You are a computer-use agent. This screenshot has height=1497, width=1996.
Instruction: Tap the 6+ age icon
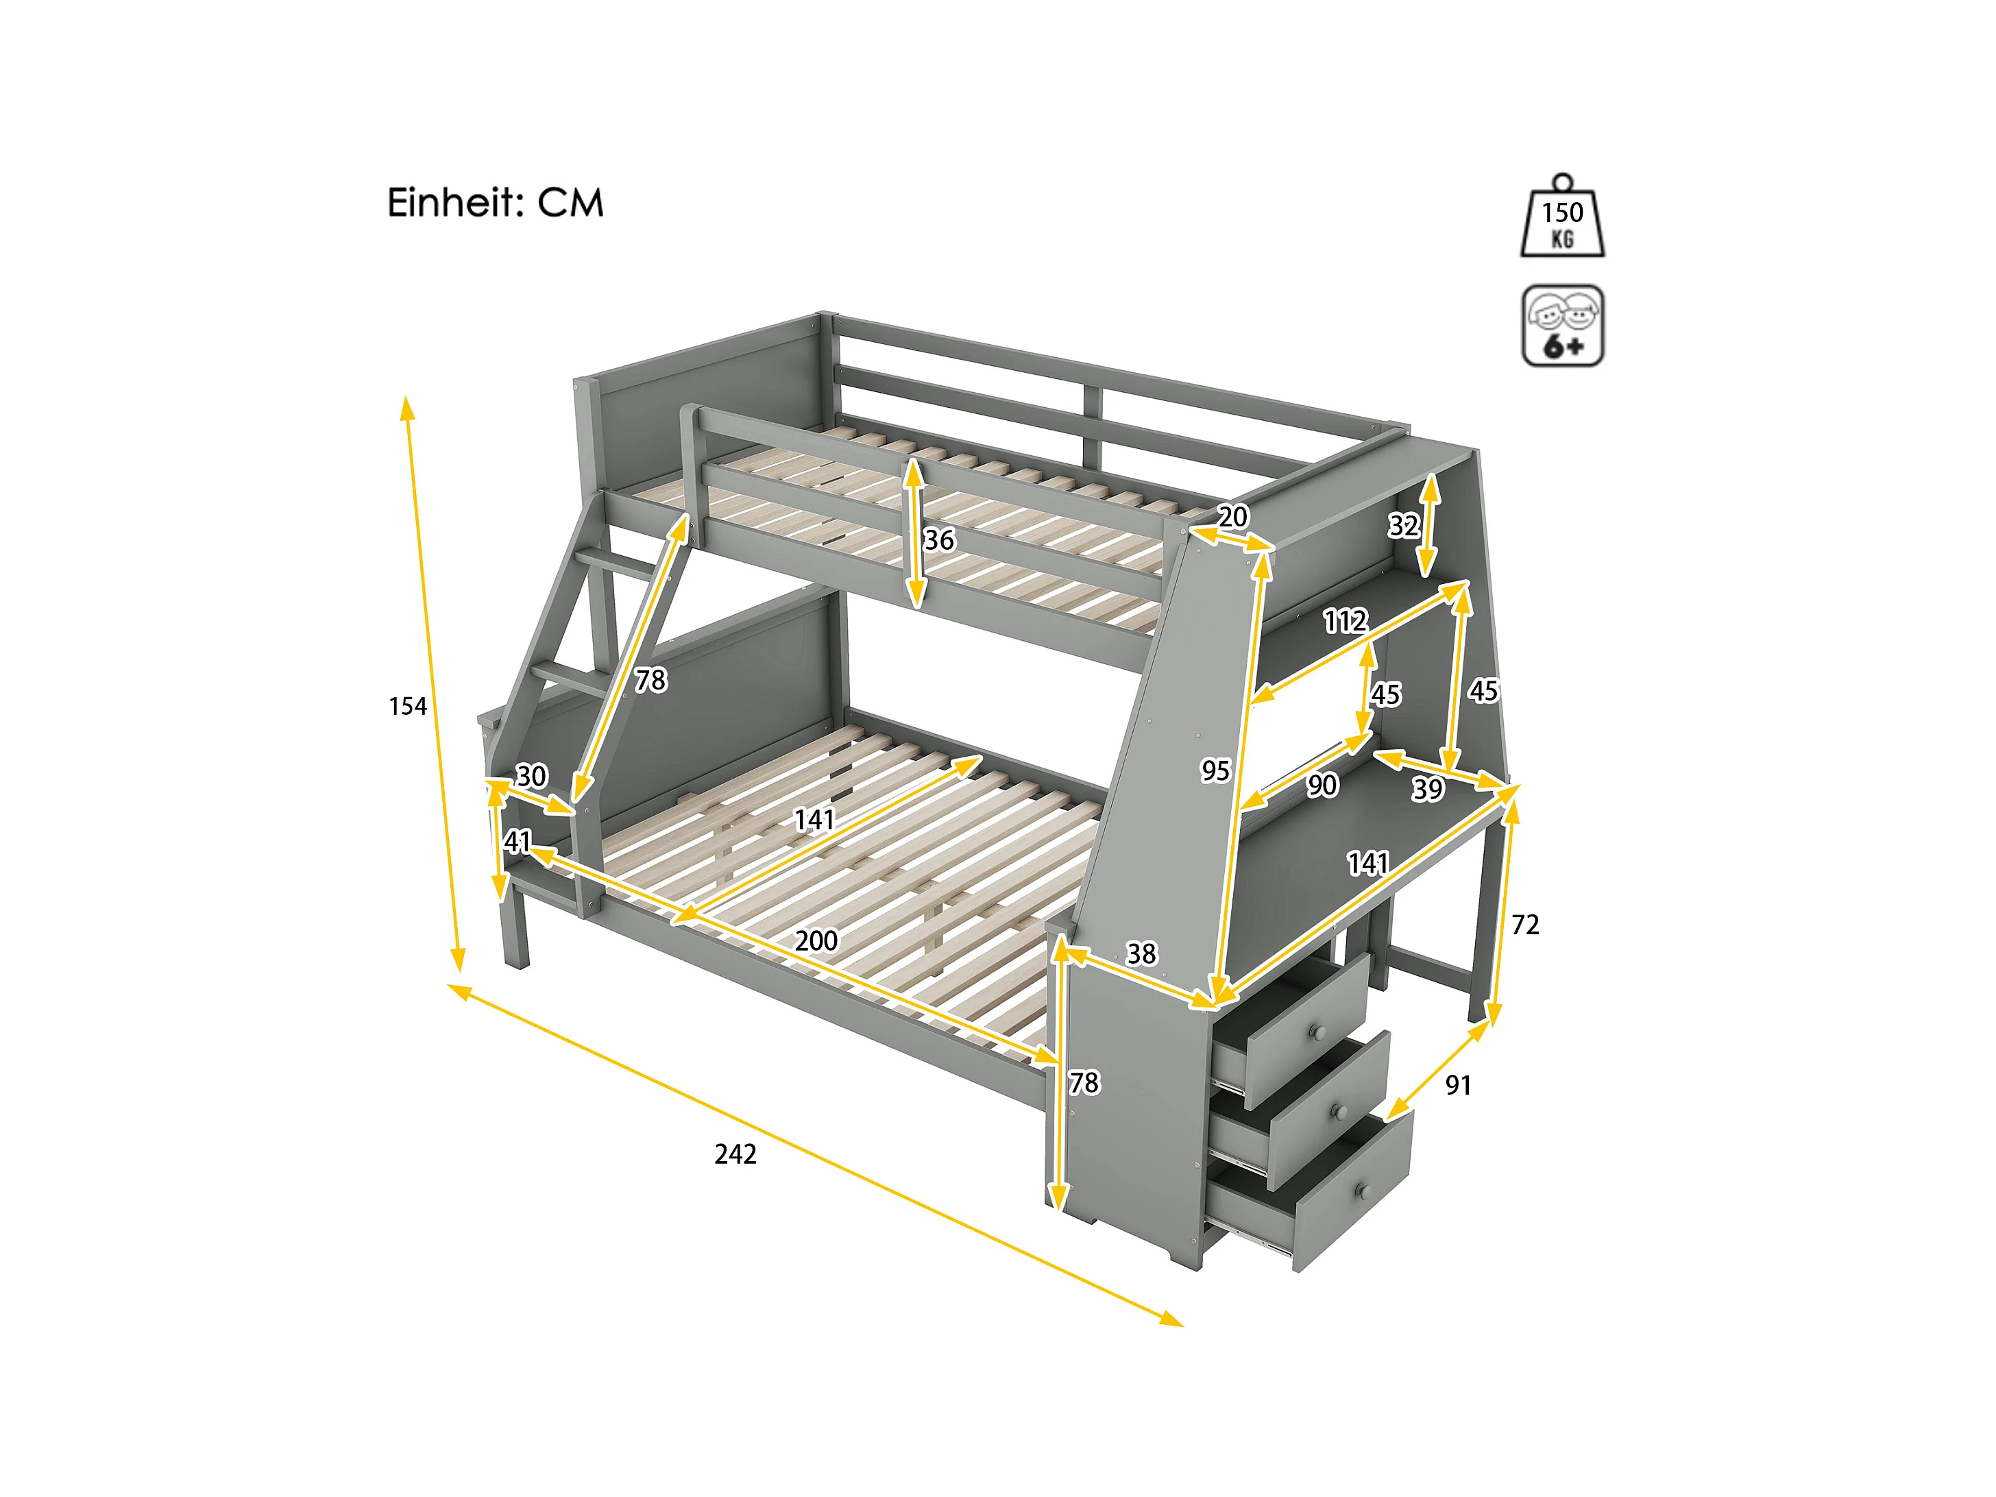click(1562, 326)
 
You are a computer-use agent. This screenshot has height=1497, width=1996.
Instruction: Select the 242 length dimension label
click(735, 1154)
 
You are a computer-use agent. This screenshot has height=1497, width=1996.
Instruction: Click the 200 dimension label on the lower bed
click(816, 941)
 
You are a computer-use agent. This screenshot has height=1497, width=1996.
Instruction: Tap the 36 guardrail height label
click(939, 539)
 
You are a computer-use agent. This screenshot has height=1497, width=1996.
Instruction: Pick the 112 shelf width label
click(1346, 621)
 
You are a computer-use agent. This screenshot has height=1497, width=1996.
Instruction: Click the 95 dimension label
click(1215, 770)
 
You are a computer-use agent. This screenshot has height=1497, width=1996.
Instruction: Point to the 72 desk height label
click(1525, 924)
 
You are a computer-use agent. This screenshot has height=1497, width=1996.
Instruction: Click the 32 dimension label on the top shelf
click(1403, 525)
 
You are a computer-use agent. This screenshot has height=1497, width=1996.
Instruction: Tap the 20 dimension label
click(1234, 517)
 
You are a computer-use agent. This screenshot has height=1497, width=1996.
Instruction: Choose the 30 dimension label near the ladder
click(531, 776)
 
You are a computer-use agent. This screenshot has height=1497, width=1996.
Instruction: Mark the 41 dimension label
click(517, 842)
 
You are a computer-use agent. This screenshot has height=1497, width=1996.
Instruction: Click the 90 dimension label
click(1323, 785)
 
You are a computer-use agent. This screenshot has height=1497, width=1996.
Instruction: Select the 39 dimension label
click(1428, 790)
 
